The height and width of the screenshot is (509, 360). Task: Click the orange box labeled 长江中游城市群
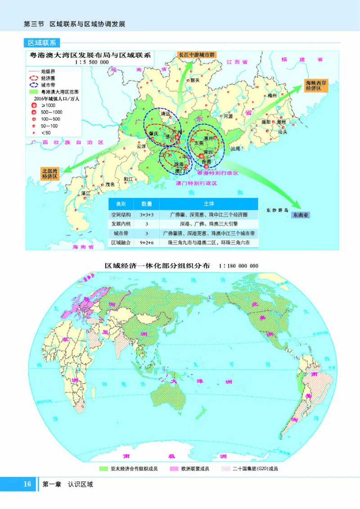pyautogui.click(x=197, y=54)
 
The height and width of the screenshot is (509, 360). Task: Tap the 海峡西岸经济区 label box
pyautogui.click(x=315, y=86)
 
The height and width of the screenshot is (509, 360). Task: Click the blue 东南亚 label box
pyautogui.click(x=301, y=215)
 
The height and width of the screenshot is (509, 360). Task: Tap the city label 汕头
pyautogui.click(x=283, y=132)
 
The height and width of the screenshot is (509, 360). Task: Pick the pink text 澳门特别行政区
pyautogui.click(x=198, y=184)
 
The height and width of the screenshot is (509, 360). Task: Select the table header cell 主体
pyautogui.click(x=208, y=203)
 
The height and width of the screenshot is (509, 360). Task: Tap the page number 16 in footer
pyautogui.click(x=27, y=484)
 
